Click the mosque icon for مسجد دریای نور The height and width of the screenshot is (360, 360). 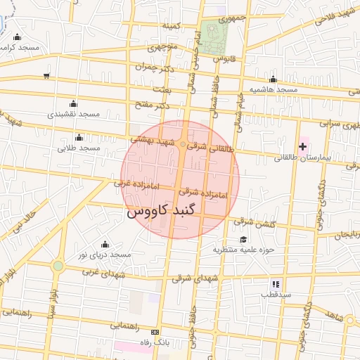point(105,243)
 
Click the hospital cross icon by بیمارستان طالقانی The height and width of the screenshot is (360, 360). point(302,146)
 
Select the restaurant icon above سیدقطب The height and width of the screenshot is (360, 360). point(276,284)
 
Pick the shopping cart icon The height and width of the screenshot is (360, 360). point(46,75)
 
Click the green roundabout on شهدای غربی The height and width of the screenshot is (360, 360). point(58,266)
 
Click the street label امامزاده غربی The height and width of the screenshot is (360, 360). point(134,184)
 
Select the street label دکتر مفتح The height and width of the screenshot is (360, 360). point(155,105)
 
